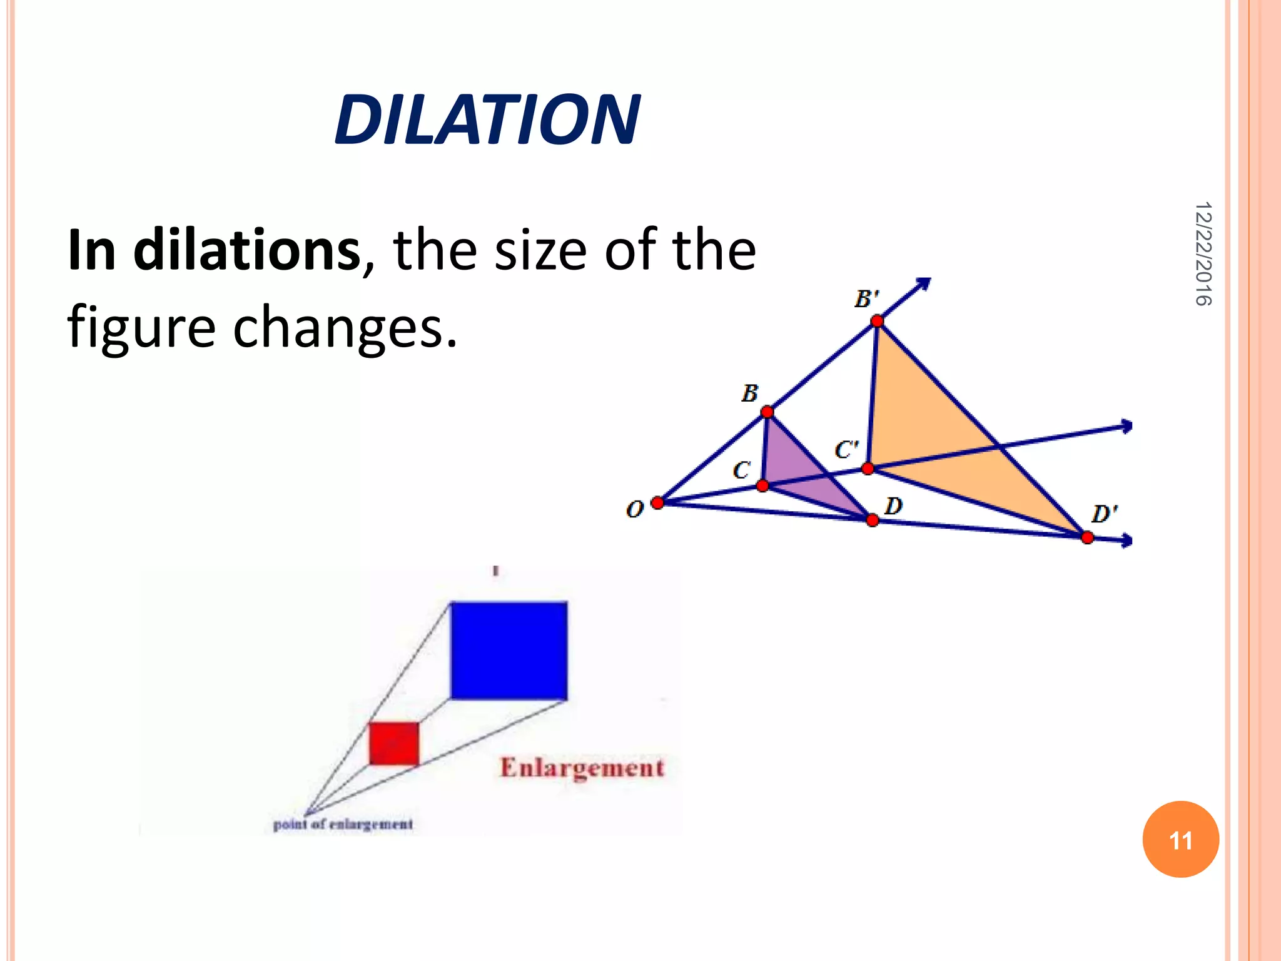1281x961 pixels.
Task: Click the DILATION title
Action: coord(487,119)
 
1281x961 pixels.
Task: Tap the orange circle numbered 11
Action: coord(1180,840)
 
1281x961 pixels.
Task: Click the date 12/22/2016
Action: coord(1202,253)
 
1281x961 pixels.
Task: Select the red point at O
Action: coord(657,503)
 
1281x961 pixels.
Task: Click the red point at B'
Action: coord(877,321)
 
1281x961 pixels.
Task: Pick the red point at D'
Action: coord(1087,537)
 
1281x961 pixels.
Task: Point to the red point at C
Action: coord(762,486)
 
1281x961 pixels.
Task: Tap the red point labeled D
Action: coord(873,520)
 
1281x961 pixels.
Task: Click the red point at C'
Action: coord(868,469)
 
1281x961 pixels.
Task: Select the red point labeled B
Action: coord(767,412)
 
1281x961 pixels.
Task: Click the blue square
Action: coord(509,650)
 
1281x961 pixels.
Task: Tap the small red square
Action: coord(393,743)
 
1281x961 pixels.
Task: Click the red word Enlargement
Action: coord(582,768)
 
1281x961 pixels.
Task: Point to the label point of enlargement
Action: coord(343,825)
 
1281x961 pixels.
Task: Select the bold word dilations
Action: coord(246,250)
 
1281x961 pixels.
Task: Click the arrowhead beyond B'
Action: coord(924,284)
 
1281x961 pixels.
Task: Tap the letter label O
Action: coord(634,509)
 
